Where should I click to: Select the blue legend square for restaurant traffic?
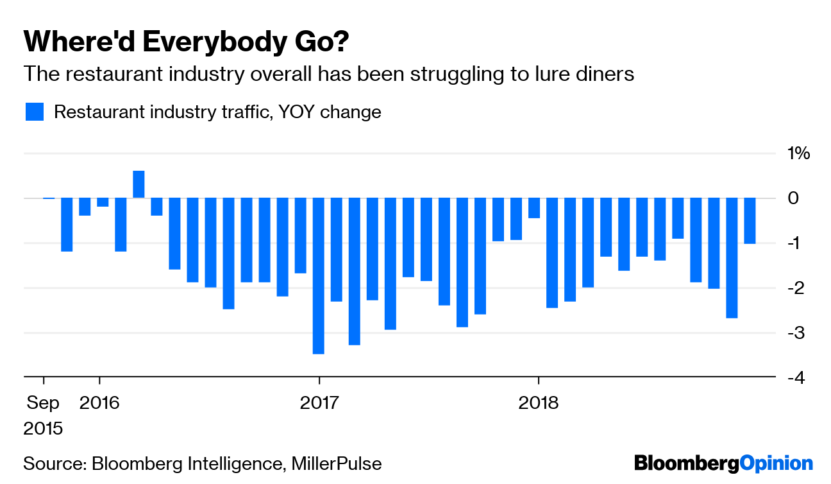click(35, 112)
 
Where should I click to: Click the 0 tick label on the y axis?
click(793, 198)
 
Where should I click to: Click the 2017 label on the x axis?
click(319, 403)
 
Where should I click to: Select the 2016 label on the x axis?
click(99, 403)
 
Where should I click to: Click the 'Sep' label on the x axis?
click(43, 403)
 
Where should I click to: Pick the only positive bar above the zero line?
click(138, 185)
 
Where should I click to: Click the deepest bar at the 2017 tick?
click(319, 276)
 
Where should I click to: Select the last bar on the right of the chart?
click(750, 221)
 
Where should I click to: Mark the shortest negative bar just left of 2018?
click(534, 208)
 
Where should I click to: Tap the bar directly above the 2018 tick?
click(552, 253)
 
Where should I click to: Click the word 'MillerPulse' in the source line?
click(337, 463)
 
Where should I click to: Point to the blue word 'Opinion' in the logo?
click(776, 463)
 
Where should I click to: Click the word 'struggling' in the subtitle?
click(424, 74)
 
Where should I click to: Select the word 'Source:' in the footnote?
click(55, 463)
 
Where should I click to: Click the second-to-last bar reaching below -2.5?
click(732, 258)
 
